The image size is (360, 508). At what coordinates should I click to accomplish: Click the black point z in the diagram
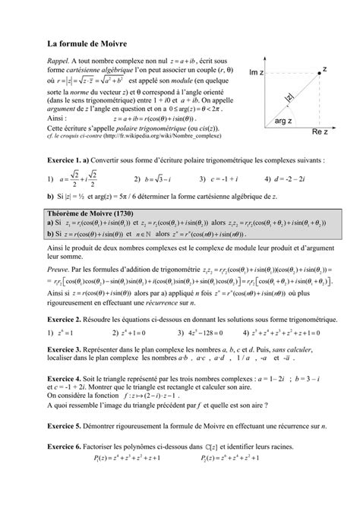click(x=315, y=71)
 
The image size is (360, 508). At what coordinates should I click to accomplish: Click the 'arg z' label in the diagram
click(x=284, y=121)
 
